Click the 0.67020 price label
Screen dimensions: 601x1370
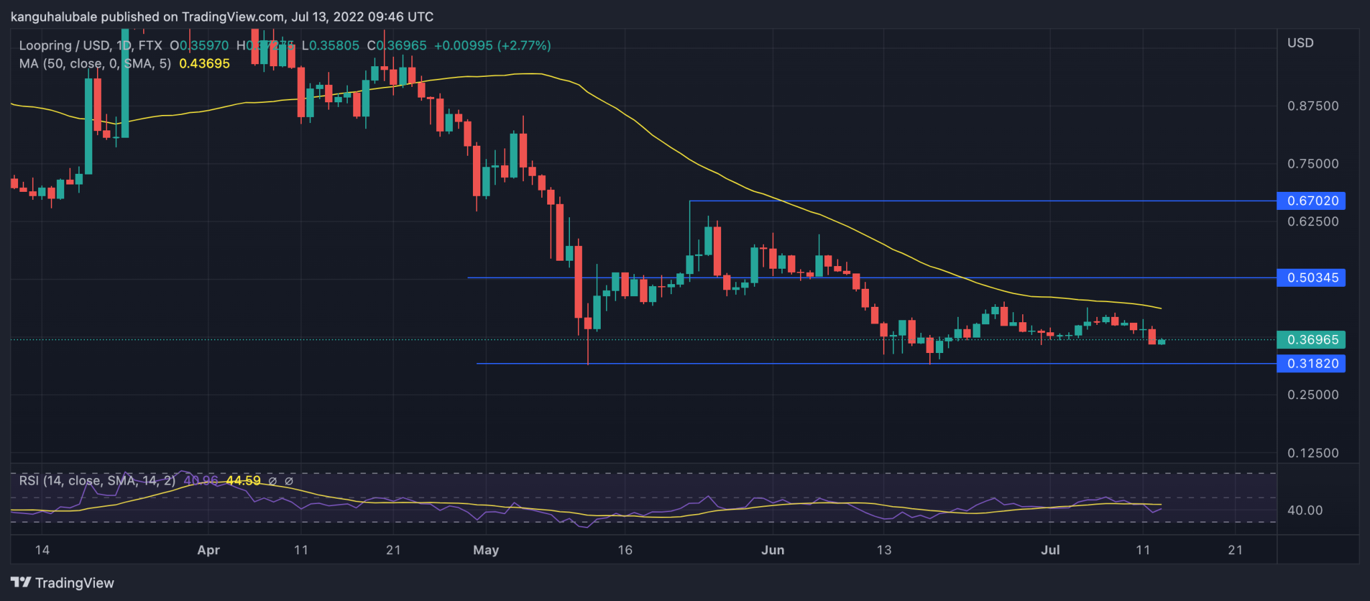[x=1312, y=201]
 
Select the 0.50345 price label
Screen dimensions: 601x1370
[x=1312, y=277]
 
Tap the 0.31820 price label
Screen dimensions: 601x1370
[x=1312, y=364]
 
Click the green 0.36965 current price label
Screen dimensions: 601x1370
[x=1312, y=340]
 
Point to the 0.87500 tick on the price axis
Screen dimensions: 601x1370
[x=1312, y=106]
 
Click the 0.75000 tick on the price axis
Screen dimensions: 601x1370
[x=1312, y=164]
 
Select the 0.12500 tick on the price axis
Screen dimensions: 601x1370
[x=1312, y=453]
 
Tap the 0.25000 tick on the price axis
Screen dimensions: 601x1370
[x=1312, y=395]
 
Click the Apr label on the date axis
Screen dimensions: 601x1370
[x=209, y=550]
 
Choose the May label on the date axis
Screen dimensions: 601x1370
[x=486, y=550]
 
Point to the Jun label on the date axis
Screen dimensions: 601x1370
[x=773, y=550]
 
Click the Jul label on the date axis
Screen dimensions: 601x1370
[x=1050, y=550]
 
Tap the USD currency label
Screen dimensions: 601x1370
[x=1300, y=43]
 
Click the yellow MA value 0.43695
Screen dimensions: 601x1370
[x=205, y=64]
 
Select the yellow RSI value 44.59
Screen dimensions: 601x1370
[x=243, y=481]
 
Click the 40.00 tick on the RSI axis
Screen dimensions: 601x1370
[x=1304, y=510]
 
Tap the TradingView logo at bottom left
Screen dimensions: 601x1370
[x=63, y=583]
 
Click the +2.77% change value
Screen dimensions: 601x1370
[x=527, y=45]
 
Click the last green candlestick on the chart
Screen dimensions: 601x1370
[x=1161, y=342]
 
